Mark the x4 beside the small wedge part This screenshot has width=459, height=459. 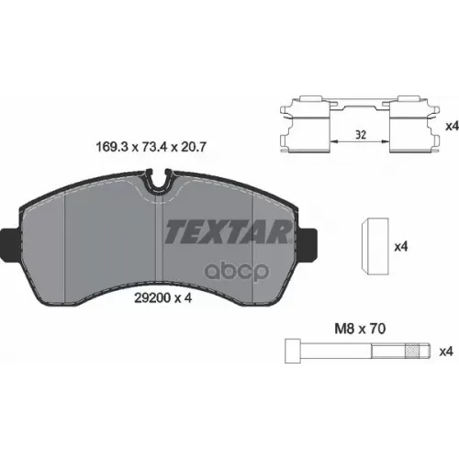tap(400, 246)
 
